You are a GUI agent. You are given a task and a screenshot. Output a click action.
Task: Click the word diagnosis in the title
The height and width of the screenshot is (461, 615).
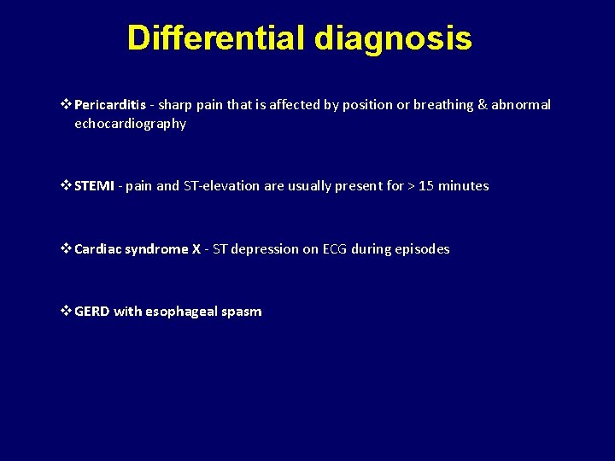tap(392, 38)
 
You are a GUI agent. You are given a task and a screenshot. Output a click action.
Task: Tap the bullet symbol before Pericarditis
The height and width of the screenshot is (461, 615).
tap(67, 105)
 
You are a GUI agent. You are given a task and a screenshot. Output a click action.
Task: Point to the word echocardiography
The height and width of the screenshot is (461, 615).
tap(130, 124)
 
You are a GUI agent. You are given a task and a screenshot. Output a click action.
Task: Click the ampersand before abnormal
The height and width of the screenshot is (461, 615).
tap(482, 105)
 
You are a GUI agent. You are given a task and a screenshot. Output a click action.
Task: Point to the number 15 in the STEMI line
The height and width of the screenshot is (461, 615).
tap(426, 186)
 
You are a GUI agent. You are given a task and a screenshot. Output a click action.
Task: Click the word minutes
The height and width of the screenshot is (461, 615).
tap(464, 186)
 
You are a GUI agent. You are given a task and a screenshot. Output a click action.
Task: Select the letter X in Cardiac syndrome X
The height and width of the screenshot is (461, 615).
tap(196, 249)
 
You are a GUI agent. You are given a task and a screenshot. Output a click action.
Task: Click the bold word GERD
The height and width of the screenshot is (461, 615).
tap(92, 312)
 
